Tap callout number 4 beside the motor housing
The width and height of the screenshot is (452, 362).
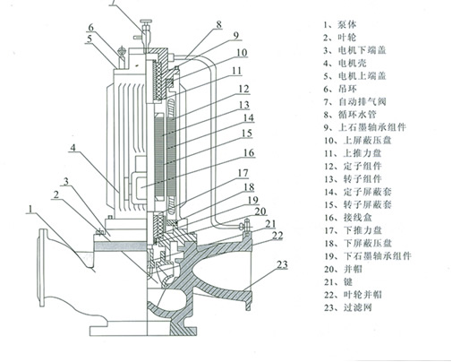74,146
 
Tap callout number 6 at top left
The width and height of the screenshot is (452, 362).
90,28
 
